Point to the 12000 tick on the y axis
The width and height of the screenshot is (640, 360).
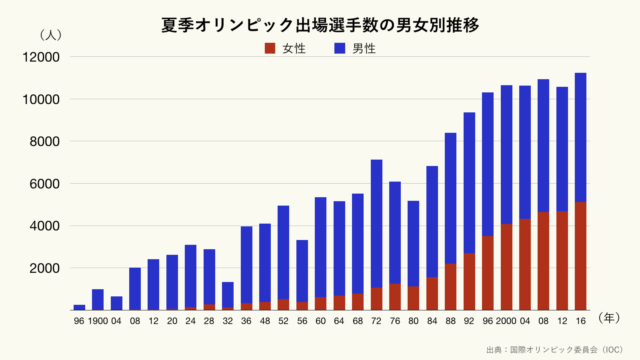45,57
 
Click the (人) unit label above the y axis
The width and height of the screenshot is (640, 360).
50,34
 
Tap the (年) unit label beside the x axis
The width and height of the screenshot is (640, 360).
610,318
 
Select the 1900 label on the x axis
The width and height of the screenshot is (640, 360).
97,321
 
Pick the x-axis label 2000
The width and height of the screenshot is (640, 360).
507,321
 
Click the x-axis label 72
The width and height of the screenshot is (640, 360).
377,321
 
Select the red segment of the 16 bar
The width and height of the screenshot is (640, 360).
580,256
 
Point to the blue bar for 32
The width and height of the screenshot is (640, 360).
228,295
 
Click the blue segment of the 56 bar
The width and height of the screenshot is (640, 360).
303,270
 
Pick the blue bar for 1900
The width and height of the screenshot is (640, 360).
98,299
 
